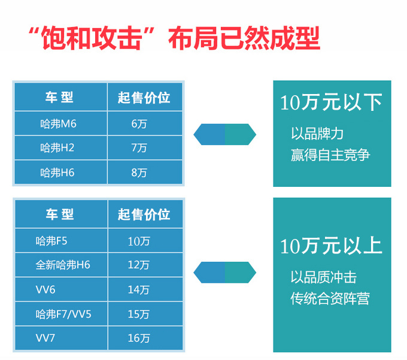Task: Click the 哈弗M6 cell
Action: (x=60, y=123)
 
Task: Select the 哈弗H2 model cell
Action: (x=60, y=148)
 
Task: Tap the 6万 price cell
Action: (x=145, y=123)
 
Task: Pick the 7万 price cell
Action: (x=145, y=148)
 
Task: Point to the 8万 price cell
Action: (x=145, y=172)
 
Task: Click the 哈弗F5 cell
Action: (x=61, y=241)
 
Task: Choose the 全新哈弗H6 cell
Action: (x=61, y=265)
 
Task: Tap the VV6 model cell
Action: (x=61, y=289)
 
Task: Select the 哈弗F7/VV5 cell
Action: (x=61, y=314)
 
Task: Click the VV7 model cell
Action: (x=61, y=338)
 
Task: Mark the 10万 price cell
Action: (x=145, y=241)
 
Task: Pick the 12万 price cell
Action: (x=145, y=265)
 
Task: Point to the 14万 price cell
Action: (x=145, y=289)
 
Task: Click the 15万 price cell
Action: (x=145, y=314)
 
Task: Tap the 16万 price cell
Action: (x=145, y=338)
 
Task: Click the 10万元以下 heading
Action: (x=331, y=102)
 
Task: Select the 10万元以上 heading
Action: (x=331, y=246)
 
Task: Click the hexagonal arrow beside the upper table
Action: (x=225, y=134)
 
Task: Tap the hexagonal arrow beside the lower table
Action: (x=225, y=272)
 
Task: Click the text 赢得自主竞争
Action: (x=330, y=155)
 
